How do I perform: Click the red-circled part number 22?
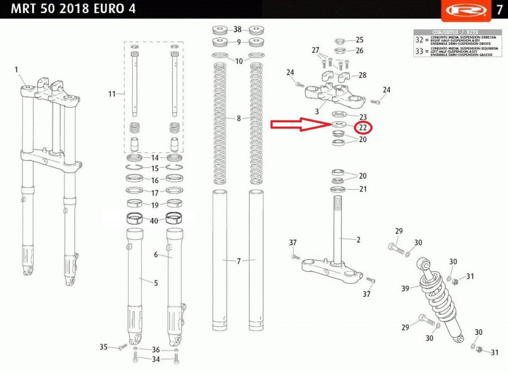coord(362,128)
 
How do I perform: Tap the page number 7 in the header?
coord(499,10)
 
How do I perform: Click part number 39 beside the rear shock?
coord(405,288)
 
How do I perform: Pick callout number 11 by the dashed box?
coord(112,94)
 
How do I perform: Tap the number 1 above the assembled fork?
coord(16,70)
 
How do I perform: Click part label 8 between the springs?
coord(239,119)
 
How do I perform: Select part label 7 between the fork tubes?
coord(239,261)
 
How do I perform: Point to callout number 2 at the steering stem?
coord(358,240)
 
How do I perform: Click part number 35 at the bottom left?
coord(104,347)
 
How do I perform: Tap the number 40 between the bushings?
coord(155,221)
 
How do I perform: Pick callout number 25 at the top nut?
coord(360,40)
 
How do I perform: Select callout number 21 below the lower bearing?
coord(362,189)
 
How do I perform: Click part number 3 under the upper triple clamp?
coord(316,112)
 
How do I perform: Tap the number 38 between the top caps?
coord(238,29)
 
